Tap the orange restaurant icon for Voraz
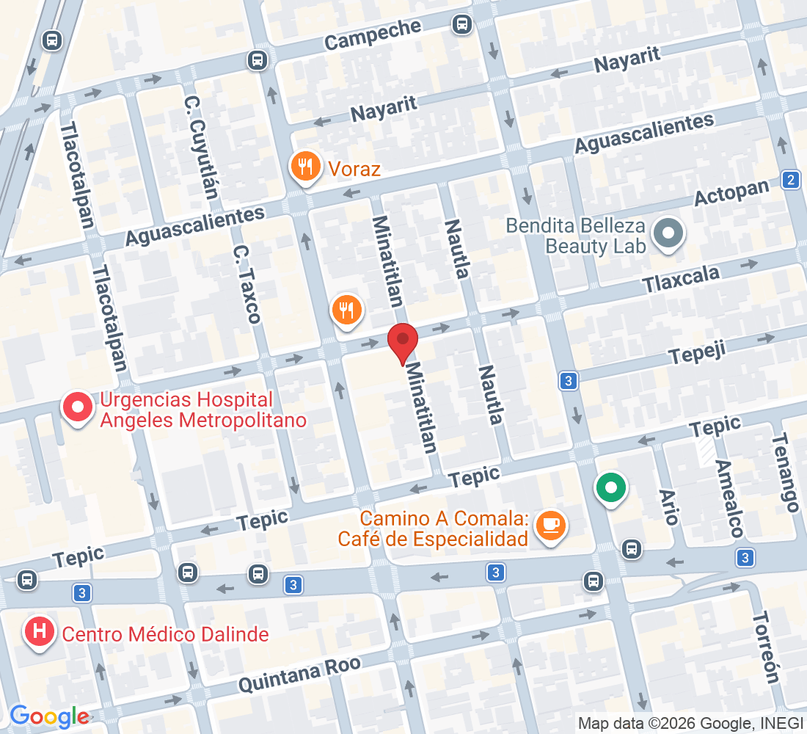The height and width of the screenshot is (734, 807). click(x=304, y=167)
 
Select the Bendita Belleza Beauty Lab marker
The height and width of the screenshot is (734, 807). click(x=668, y=236)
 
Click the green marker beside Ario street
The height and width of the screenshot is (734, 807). click(x=610, y=487)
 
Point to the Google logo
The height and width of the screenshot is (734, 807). click(x=49, y=716)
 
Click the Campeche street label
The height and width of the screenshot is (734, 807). click(x=373, y=34)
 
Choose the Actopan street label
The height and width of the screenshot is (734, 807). click(x=731, y=193)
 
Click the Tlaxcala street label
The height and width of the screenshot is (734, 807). click(x=681, y=278)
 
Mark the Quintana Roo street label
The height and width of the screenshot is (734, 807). click(x=300, y=675)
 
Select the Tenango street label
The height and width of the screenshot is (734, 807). click(x=784, y=472)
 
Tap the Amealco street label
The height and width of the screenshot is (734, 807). click(x=729, y=499)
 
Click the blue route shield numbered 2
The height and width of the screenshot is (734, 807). click(x=790, y=180)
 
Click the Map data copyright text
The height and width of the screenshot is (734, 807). click(x=690, y=723)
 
